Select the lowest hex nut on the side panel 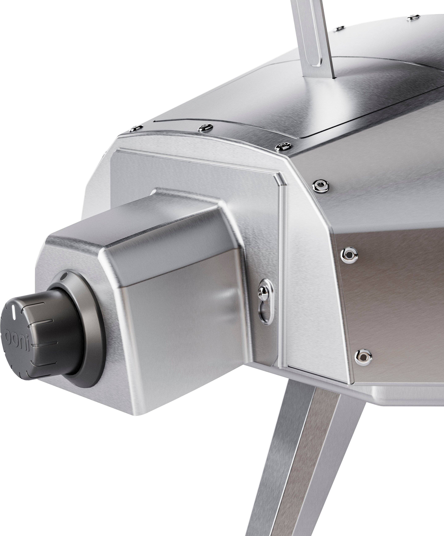pos(363,355)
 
